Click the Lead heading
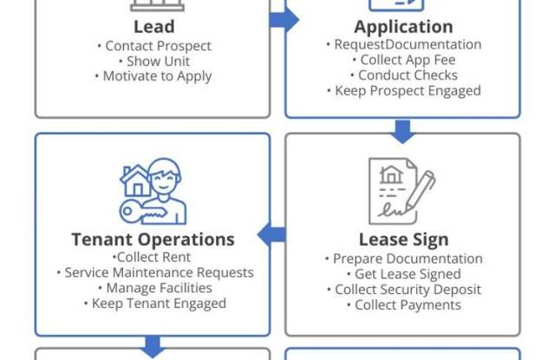click(154, 27)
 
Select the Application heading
click(403, 27)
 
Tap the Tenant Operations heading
click(153, 239)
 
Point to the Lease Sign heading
click(404, 239)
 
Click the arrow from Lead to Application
click(284, 19)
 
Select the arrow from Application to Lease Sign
click(402, 132)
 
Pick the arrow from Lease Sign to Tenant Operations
click(271, 234)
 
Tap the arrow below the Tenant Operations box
click(153, 347)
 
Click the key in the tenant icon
click(142, 213)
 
